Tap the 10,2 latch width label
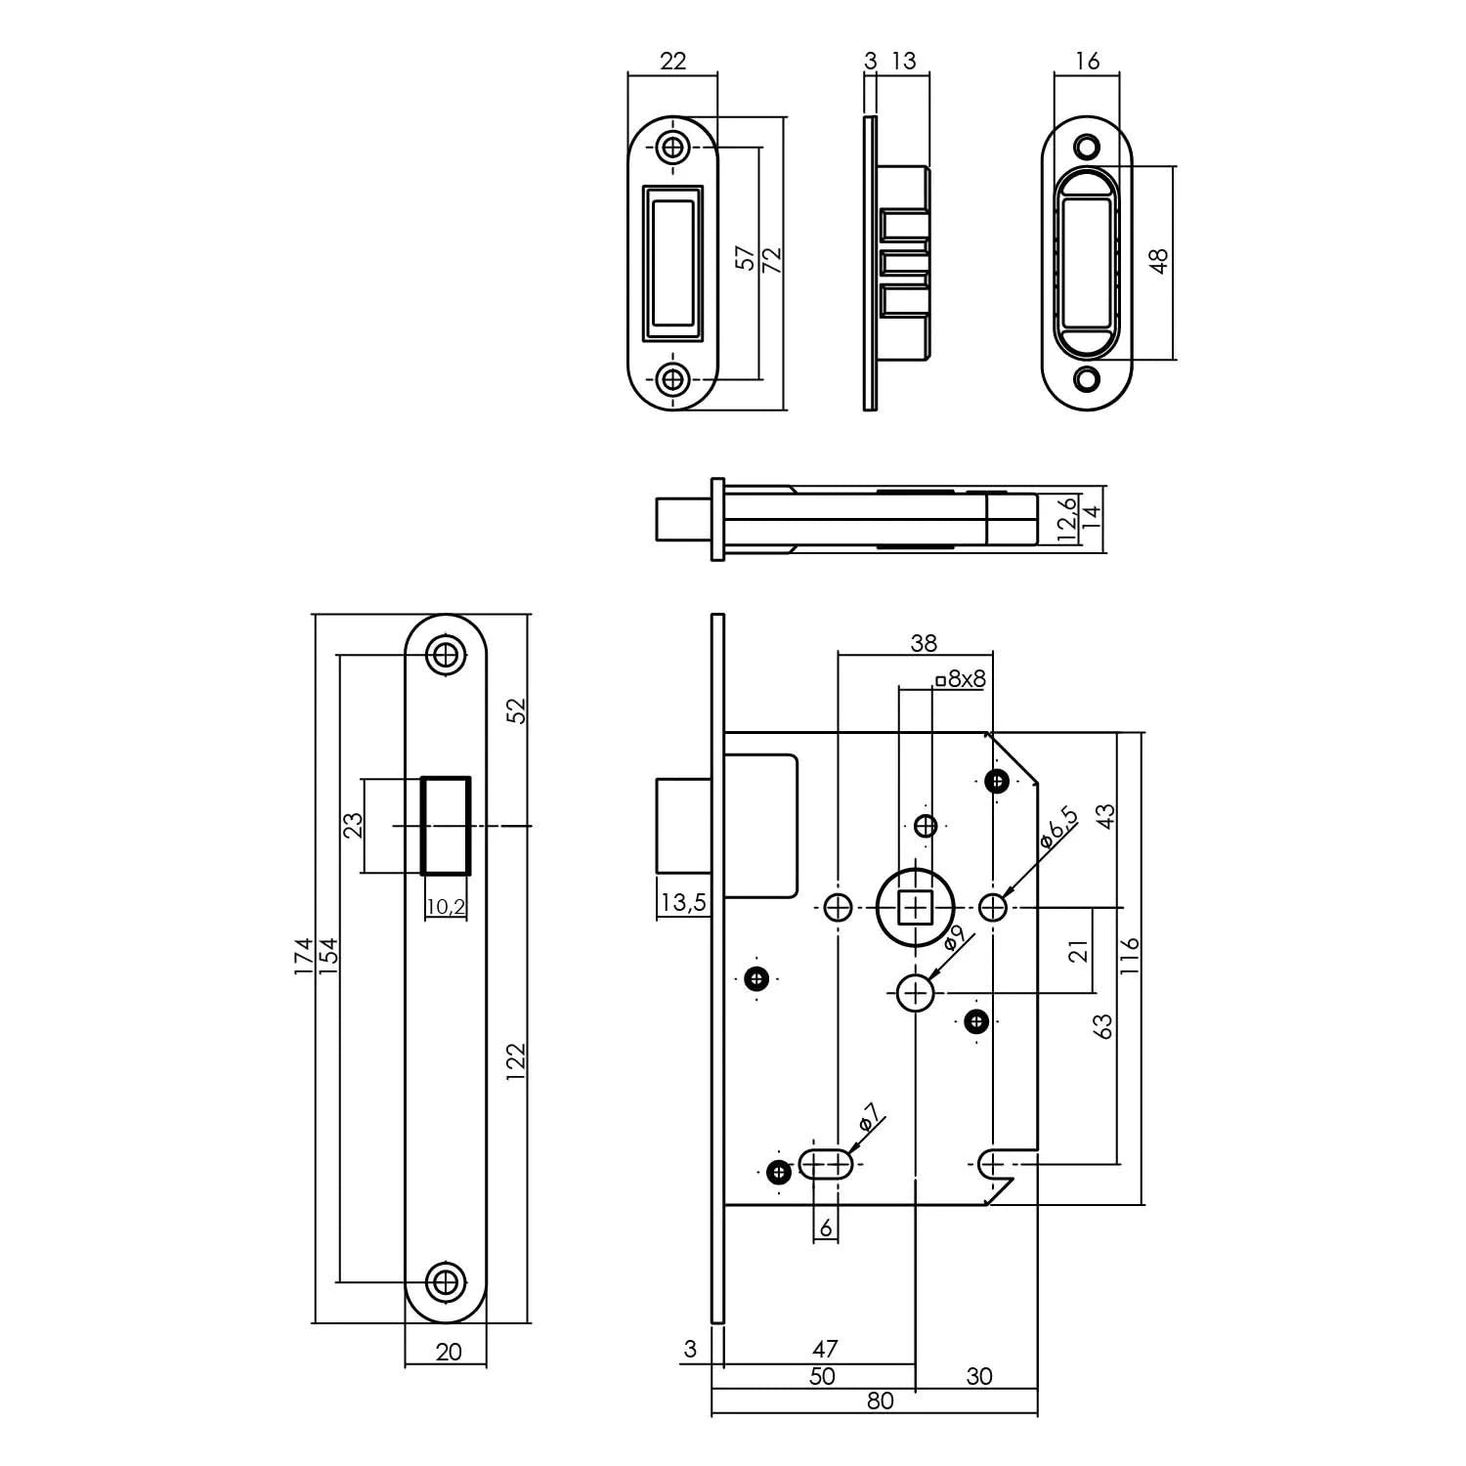(446, 907)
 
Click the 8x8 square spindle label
(961, 678)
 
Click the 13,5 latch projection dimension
(681, 902)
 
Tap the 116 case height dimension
(1131, 956)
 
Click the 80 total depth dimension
(880, 1401)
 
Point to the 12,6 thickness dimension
(1067, 518)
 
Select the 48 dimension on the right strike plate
(1159, 261)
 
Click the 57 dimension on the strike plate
(746, 258)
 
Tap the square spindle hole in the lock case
(915, 909)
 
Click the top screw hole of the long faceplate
(446, 655)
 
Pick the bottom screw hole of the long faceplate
(446, 1280)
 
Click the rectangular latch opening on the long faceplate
(446, 825)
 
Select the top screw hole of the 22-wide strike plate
(672, 148)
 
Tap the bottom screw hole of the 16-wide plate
(1087, 378)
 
